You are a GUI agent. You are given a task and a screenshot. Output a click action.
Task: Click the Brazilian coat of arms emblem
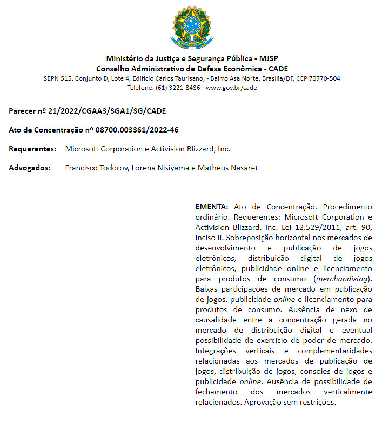tap(192, 26)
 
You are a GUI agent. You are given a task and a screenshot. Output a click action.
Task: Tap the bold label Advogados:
tap(30, 168)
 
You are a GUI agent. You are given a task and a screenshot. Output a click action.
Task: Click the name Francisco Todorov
tap(97, 168)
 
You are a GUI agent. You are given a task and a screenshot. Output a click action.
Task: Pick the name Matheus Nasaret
tap(227, 168)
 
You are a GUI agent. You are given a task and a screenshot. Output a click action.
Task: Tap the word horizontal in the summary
tap(267, 238)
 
